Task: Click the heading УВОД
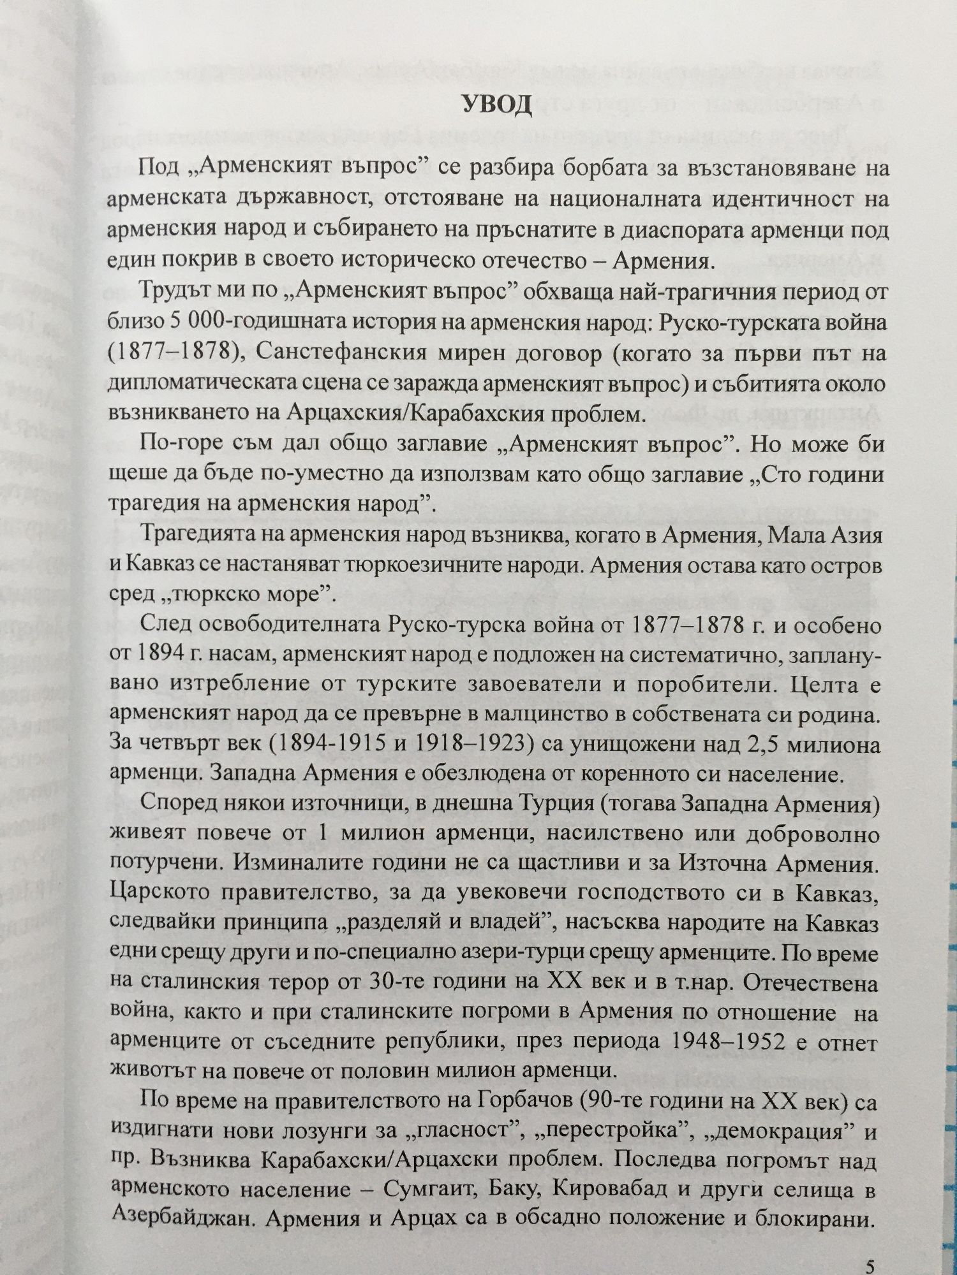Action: pos(497,105)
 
